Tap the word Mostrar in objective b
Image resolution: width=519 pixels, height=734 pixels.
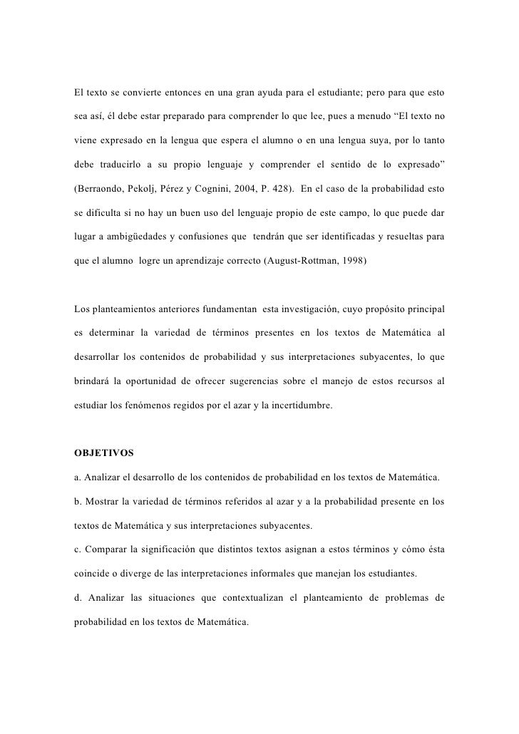click(106, 502)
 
